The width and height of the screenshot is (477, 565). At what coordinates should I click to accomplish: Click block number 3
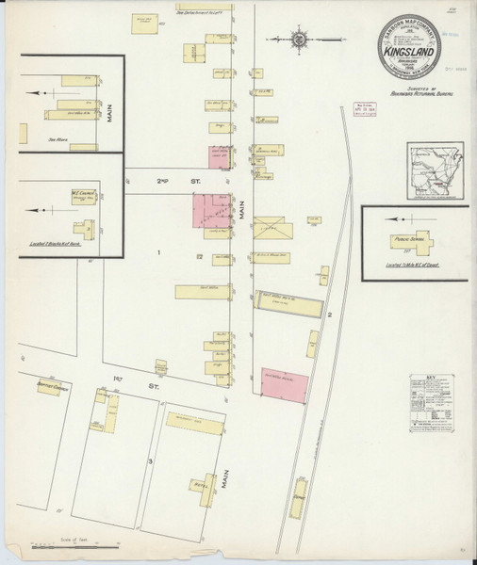tap(149, 460)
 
